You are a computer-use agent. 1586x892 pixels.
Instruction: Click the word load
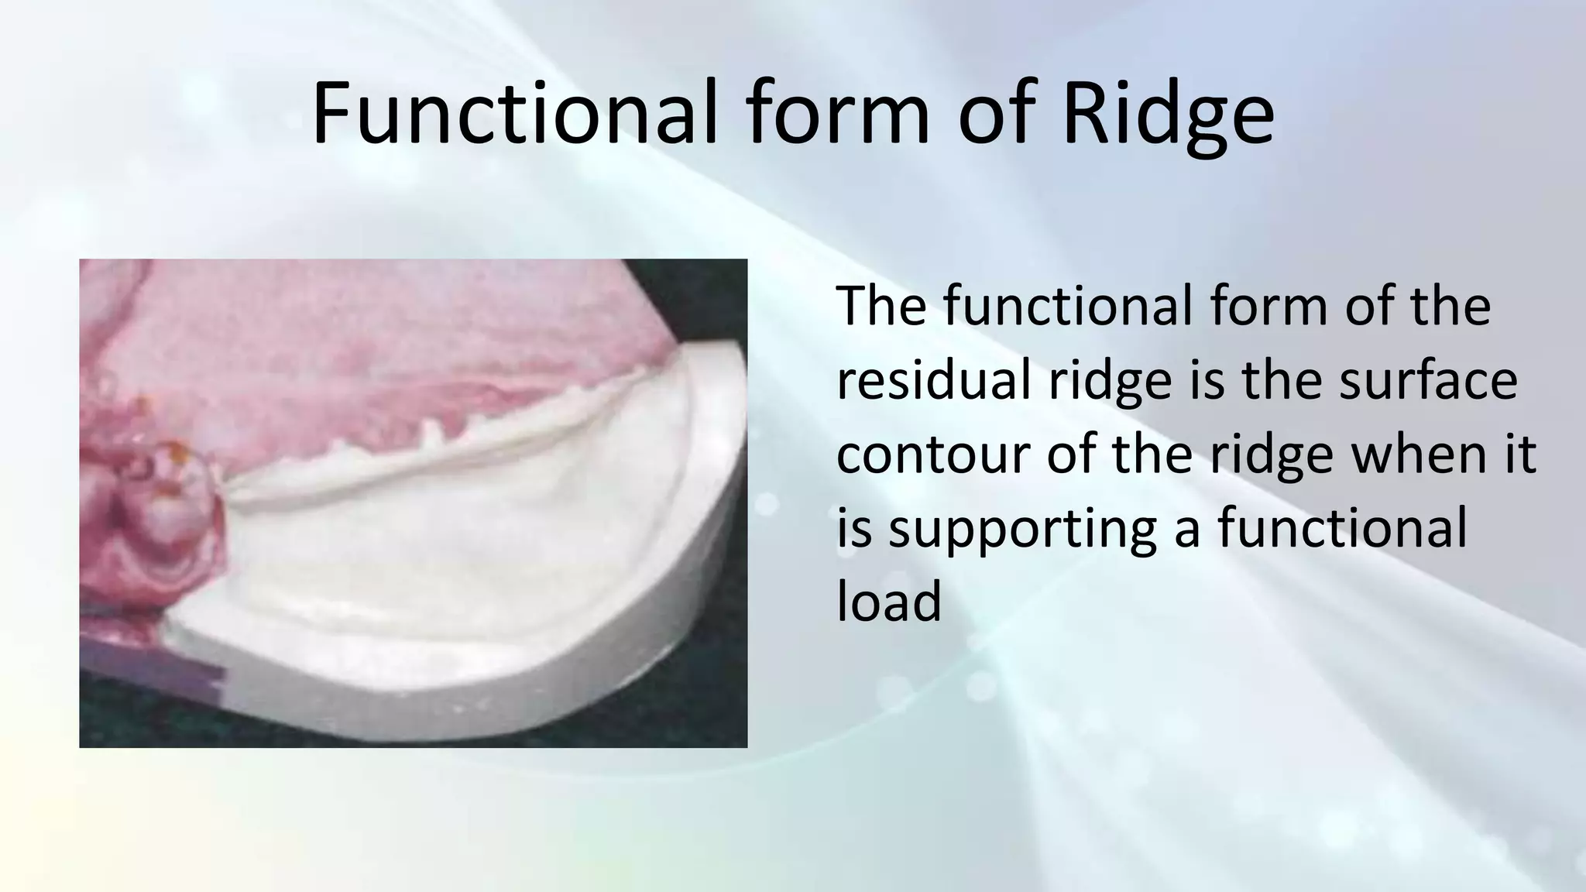(x=889, y=601)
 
